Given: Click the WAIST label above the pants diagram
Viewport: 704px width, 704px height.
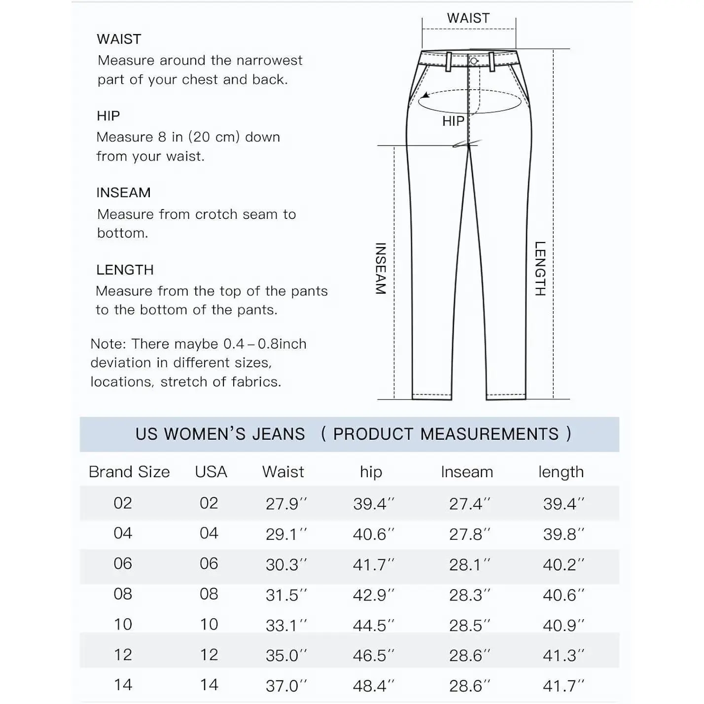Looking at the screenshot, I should (468, 18).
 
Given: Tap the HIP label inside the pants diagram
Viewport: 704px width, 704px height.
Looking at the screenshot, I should (453, 121).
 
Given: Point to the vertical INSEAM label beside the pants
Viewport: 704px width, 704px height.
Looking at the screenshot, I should (381, 269).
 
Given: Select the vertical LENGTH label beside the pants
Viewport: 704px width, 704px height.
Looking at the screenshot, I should (540, 269).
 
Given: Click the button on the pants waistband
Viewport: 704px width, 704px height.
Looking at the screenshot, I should (474, 61).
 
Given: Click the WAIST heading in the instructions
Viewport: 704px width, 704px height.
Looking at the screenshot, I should (119, 39).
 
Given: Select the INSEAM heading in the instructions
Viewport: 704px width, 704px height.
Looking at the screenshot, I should (123, 193).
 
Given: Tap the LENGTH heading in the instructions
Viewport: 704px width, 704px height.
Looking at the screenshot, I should (125, 270).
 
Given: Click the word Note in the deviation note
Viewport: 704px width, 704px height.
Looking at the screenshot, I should (108, 344).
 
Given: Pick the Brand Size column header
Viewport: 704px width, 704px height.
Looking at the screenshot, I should (129, 472).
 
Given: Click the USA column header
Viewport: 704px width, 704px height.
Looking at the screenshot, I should (211, 472).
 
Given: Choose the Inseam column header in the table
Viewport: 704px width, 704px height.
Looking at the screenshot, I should (467, 472).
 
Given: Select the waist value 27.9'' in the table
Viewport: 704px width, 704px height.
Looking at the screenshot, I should (285, 504).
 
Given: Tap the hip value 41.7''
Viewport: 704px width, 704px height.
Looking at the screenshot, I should (373, 564).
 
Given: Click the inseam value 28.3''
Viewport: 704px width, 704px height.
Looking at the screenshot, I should (469, 595).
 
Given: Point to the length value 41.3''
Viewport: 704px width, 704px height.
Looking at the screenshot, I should (563, 656).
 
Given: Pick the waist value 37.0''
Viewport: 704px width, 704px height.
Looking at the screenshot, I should (285, 686).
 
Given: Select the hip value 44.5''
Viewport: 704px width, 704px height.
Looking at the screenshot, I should (373, 625).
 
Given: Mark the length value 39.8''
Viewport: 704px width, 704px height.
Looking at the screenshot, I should (563, 534).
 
